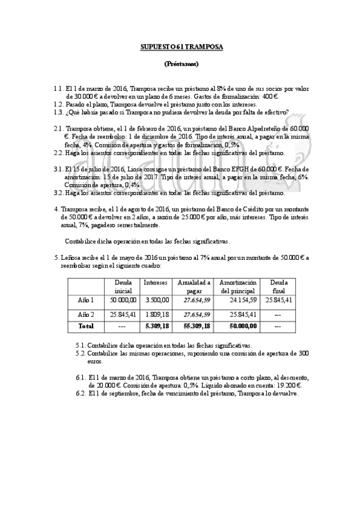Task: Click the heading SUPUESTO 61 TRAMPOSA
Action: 181,46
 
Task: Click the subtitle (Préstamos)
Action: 181,64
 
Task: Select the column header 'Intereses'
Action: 156,281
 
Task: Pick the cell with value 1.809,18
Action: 157,314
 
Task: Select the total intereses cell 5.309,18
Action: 157,325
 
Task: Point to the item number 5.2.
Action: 81,354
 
